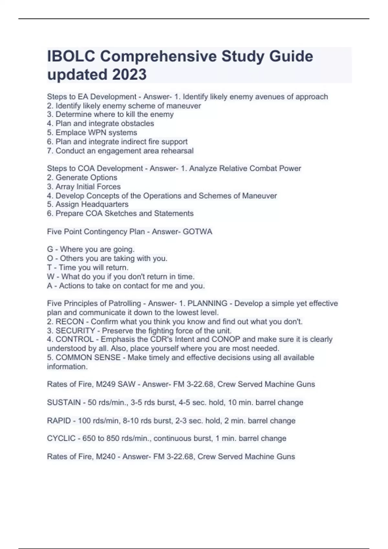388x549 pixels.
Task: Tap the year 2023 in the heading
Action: tap(129, 75)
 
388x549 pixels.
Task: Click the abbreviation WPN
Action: tap(97, 132)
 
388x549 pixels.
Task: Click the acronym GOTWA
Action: tap(198, 232)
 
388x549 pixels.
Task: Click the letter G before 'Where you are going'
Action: tap(50, 249)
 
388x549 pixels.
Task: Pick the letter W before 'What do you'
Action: tap(50, 277)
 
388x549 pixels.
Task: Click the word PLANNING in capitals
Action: tap(207, 304)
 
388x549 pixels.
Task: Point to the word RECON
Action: tap(70, 322)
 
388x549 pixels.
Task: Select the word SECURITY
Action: tap(75, 331)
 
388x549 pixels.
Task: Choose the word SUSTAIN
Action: tap(64, 402)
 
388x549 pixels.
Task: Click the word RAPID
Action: tap(59, 421)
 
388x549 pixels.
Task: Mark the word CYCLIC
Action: tap(61, 439)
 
